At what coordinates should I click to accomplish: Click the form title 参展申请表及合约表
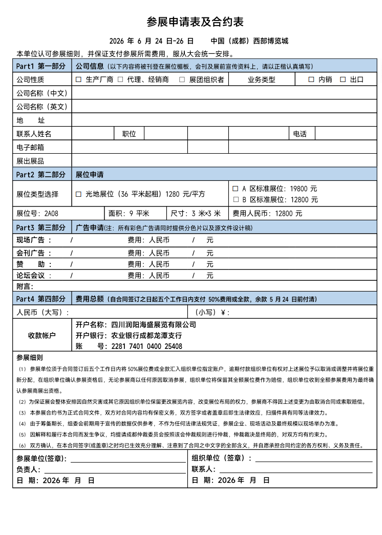pos(195,22)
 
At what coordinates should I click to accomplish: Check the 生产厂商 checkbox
pos(79,79)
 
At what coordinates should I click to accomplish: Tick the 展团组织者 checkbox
pos(182,79)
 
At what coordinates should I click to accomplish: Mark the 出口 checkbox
pos(343,79)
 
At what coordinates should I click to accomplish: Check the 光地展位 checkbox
pos(79,194)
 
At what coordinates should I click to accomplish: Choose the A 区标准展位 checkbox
pos(236,189)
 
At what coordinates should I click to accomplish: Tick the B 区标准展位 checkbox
pos(236,200)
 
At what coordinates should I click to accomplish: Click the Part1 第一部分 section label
pos(41,66)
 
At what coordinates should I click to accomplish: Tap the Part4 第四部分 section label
pos(41,299)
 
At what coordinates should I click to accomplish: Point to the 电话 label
pos(300,134)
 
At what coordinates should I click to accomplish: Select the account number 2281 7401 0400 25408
pos(147,346)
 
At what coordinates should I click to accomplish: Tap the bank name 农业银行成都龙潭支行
pos(146,336)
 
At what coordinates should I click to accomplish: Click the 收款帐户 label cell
pos(42,335)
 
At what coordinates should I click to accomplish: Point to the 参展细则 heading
pos(30,358)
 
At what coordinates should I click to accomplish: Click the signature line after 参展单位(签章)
pos(128,461)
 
